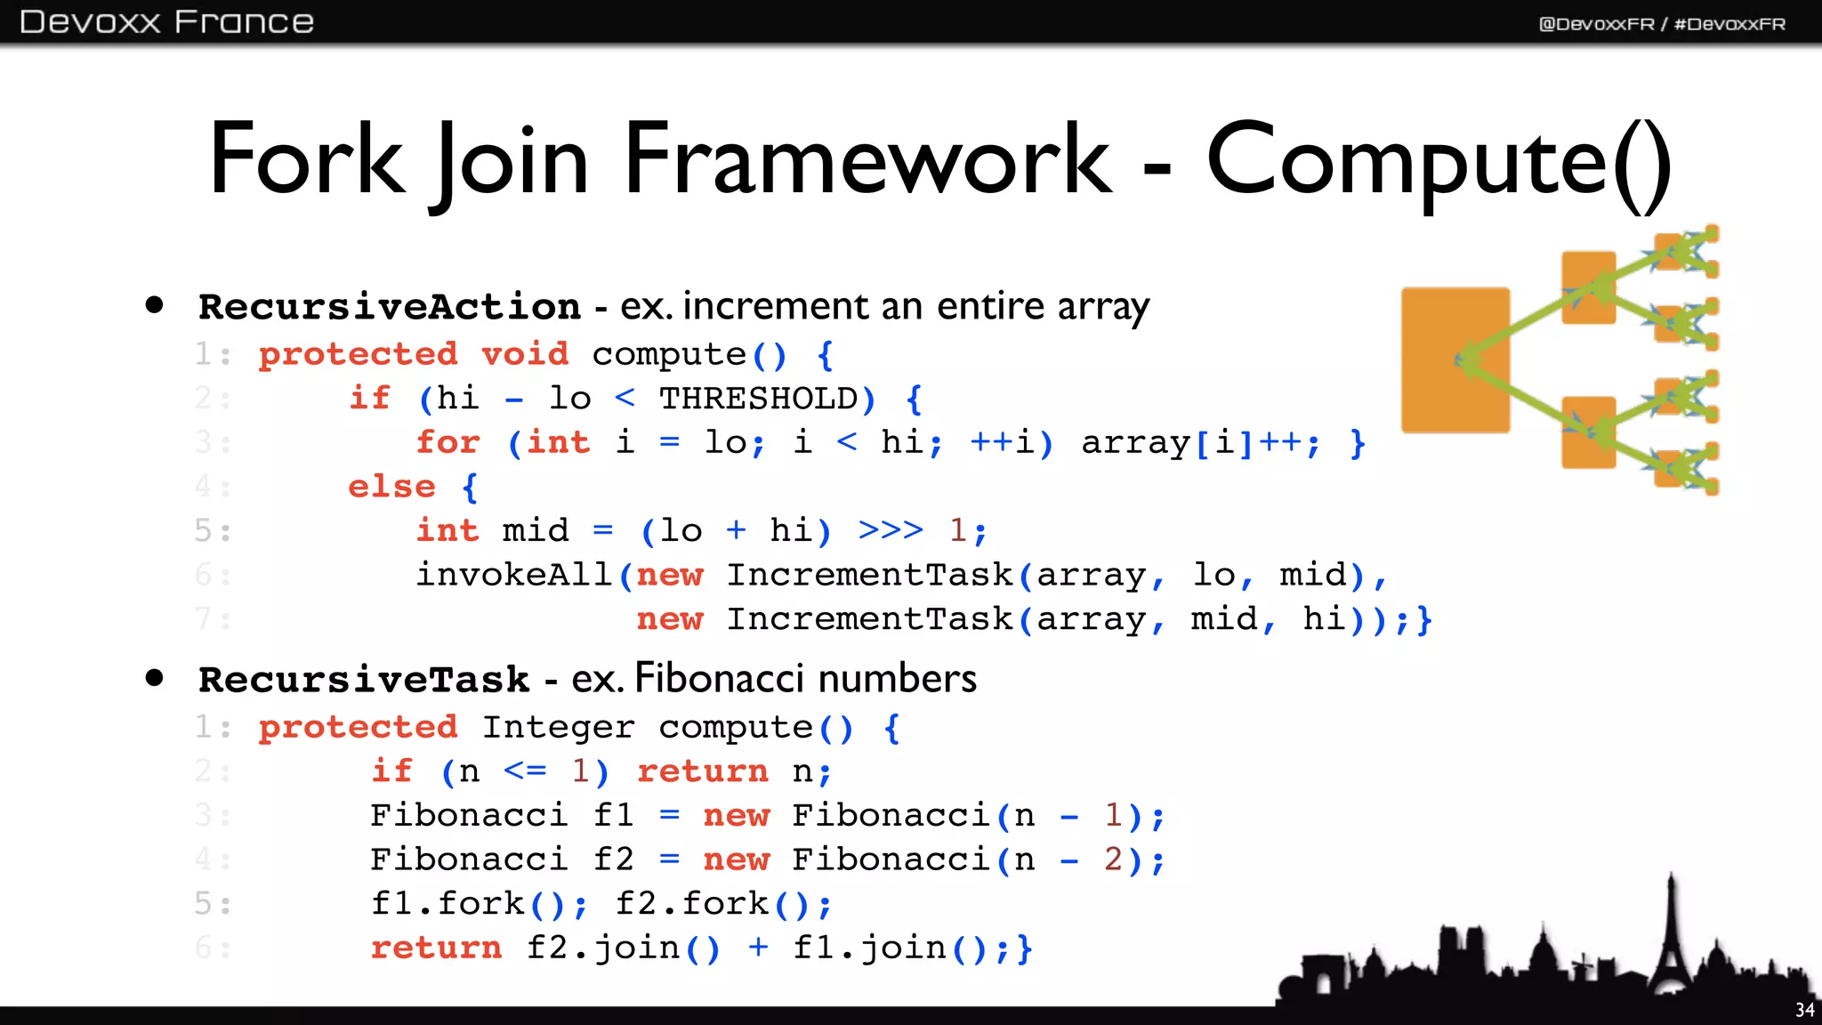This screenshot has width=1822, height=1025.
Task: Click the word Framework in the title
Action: coord(867,160)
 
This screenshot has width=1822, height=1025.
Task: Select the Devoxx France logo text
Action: coord(166,22)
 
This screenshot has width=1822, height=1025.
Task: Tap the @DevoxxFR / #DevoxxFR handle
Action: coord(1662,24)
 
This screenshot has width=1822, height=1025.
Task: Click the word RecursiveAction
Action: coord(390,307)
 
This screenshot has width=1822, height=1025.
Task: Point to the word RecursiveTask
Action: coord(364,680)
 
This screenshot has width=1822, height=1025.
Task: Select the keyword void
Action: coord(525,354)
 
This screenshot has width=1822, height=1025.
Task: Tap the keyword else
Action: coord(391,487)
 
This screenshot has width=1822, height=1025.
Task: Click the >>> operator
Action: coord(891,530)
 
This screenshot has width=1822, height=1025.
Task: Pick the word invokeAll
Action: coord(514,575)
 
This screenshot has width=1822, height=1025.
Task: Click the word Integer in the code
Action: coord(559,727)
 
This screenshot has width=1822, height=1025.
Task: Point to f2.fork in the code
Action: coord(692,904)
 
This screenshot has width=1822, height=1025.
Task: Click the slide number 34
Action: coord(1804,1010)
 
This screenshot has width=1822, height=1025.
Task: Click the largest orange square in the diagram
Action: coord(1455,359)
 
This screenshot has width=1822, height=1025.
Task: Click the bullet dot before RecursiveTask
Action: coord(155,678)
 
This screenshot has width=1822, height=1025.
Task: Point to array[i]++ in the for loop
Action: coord(1191,442)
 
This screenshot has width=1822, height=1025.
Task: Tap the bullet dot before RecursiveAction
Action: coord(155,305)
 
